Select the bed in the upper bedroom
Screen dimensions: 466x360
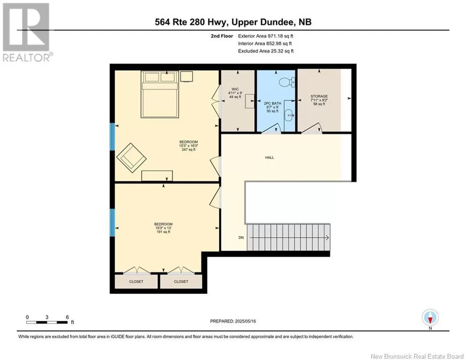[x=160, y=94]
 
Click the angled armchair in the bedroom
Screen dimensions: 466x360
[x=131, y=157]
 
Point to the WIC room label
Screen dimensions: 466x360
[x=235, y=89]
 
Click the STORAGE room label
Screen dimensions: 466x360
[x=319, y=97]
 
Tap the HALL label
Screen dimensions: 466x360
[x=270, y=157]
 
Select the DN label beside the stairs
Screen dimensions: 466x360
[x=241, y=237]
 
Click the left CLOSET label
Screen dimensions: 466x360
[x=136, y=281]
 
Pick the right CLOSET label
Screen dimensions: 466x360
[x=181, y=281]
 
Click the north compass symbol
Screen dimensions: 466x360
[x=430, y=317]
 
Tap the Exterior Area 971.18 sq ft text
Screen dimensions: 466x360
[x=266, y=36]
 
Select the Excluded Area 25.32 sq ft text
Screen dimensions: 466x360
[x=266, y=51]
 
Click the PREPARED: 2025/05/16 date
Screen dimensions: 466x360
[x=233, y=321]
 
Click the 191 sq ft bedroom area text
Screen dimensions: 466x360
[x=163, y=232]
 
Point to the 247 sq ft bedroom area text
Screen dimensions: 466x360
[x=189, y=150]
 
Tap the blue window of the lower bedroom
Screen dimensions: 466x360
[x=112, y=223]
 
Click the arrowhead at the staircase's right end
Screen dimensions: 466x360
[x=327, y=237]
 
